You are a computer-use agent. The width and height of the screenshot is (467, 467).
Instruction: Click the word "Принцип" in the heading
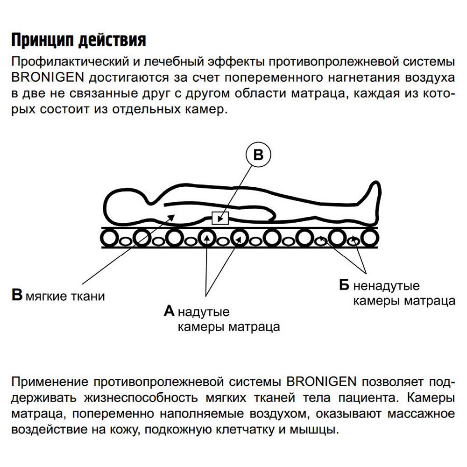41,40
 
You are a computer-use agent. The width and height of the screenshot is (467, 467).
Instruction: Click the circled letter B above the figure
258,156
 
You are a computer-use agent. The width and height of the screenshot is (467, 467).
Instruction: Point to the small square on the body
220,218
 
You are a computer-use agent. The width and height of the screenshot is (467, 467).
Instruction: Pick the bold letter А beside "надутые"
169,311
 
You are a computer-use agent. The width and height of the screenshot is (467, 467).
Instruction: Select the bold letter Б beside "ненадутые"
345,285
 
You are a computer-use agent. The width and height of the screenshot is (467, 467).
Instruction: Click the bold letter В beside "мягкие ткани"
17,296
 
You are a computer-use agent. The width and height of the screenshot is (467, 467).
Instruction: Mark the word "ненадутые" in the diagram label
386,286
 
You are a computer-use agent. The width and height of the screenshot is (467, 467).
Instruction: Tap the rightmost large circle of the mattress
369,238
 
